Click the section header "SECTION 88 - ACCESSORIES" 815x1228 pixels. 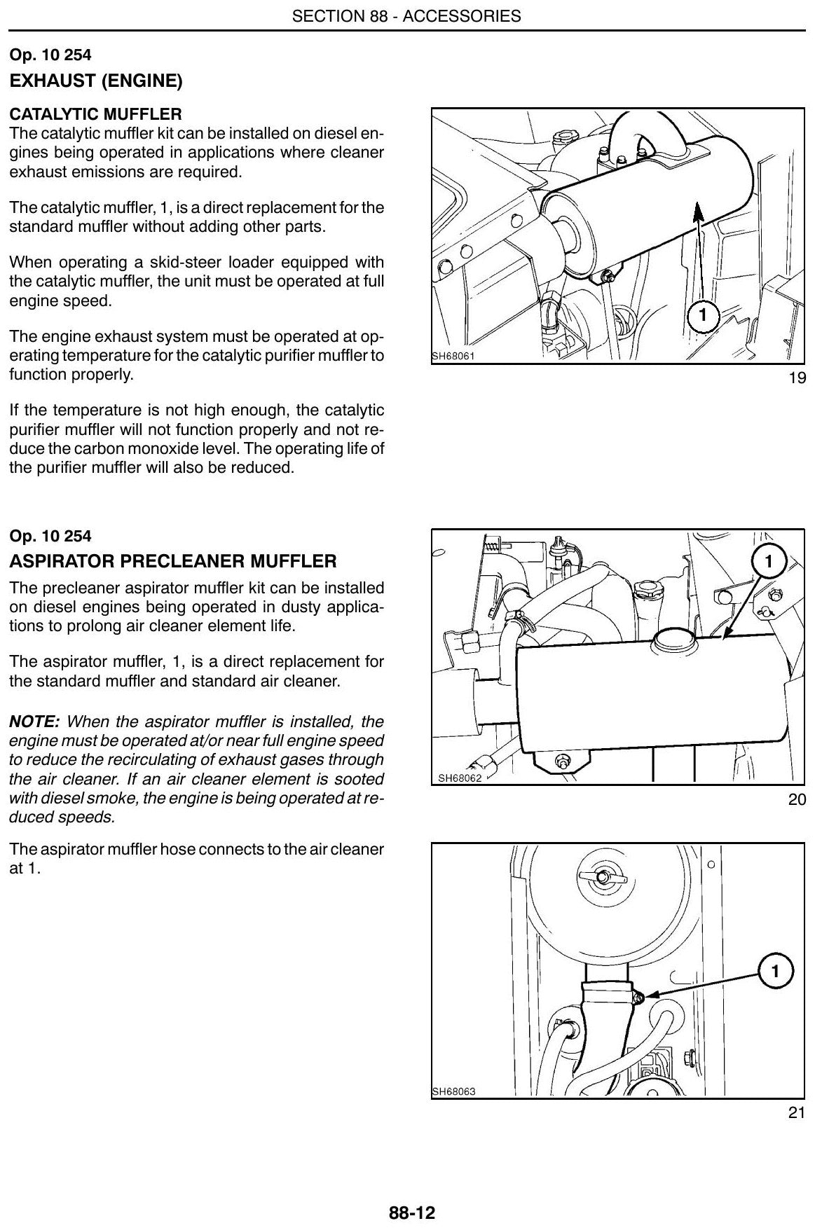pos(406,15)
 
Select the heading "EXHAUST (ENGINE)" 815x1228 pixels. pos(96,81)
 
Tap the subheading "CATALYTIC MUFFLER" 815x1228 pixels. pos(95,114)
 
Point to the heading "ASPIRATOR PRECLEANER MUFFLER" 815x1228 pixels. pos(173,561)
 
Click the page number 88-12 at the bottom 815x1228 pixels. pos(412,1213)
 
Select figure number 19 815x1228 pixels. pos(797,378)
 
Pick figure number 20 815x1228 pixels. pos(797,799)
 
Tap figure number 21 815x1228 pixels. pos(797,1112)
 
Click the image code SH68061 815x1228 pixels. pos(453,357)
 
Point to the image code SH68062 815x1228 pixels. pos(460,777)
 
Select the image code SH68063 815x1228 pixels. pos(454,1091)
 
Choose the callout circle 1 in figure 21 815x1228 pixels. pos(775,972)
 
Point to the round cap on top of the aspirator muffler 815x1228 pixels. pos(673,638)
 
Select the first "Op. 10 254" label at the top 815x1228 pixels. pos(50,55)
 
